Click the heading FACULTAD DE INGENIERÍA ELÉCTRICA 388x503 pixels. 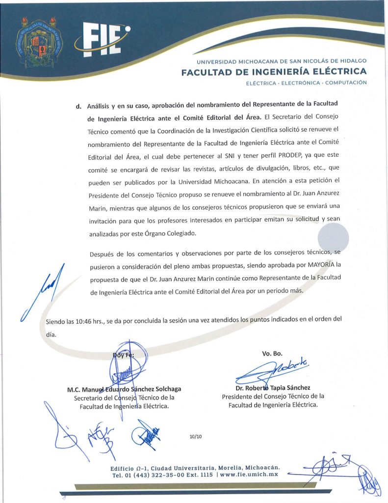coord(274,73)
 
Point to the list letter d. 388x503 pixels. coord(78,106)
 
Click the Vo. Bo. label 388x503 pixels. coord(272,354)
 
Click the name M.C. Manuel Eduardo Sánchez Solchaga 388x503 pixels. coord(124,390)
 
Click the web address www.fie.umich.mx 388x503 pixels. coord(249,475)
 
